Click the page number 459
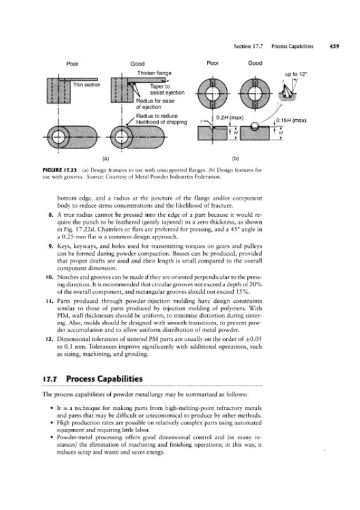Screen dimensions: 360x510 coord(334,46)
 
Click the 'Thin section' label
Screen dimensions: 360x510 coord(87,85)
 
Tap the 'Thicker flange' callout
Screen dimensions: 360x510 coord(154,73)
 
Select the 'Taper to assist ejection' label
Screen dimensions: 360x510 coord(167,89)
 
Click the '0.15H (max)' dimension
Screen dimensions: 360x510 coord(291,120)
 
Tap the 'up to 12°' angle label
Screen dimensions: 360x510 coord(296,74)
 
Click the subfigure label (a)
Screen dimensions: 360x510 coord(106,159)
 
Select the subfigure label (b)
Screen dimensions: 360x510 coord(236,159)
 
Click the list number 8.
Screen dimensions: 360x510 coord(50,215)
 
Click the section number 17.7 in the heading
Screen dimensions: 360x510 coord(50,379)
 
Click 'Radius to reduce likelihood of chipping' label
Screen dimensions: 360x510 coord(161,119)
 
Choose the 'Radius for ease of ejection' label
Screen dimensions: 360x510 coord(155,104)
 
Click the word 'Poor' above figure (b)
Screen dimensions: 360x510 coord(213,63)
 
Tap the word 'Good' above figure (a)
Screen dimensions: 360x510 coord(138,64)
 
